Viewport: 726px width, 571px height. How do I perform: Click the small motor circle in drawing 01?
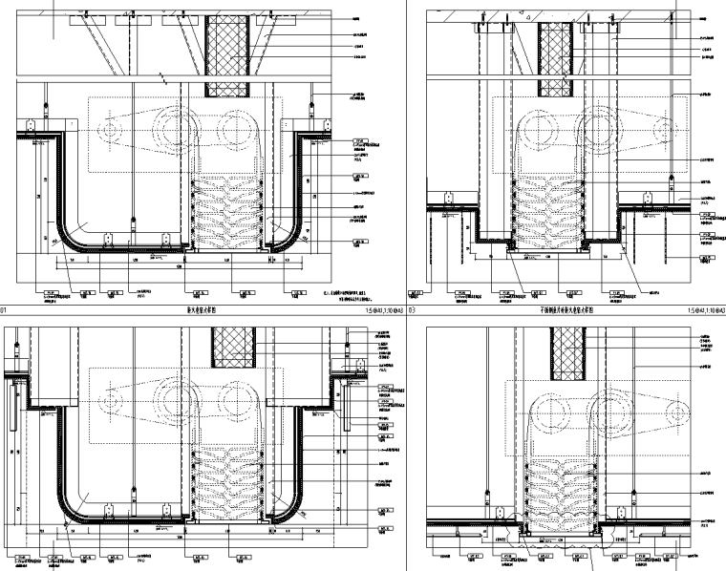pos(112,127)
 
